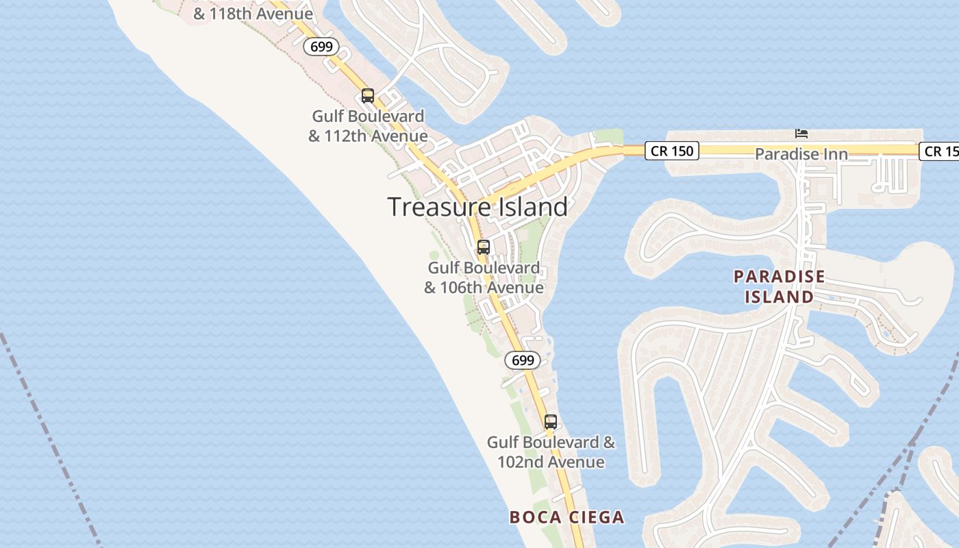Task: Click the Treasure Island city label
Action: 477,207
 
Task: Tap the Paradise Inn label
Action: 801,154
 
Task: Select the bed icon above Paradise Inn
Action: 801,132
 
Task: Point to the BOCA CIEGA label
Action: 566,517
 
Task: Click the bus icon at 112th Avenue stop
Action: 368,96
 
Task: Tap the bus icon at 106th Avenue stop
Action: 484,247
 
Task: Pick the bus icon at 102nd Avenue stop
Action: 551,422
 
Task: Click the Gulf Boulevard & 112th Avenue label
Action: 368,126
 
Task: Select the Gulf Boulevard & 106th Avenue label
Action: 484,277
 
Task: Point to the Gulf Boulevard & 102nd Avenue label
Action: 551,452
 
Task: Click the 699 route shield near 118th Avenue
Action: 321,47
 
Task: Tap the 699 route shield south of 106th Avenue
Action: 523,360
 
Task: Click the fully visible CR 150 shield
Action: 671,151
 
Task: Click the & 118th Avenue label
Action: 253,14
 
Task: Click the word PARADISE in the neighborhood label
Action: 780,277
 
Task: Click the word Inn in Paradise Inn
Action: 836,154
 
